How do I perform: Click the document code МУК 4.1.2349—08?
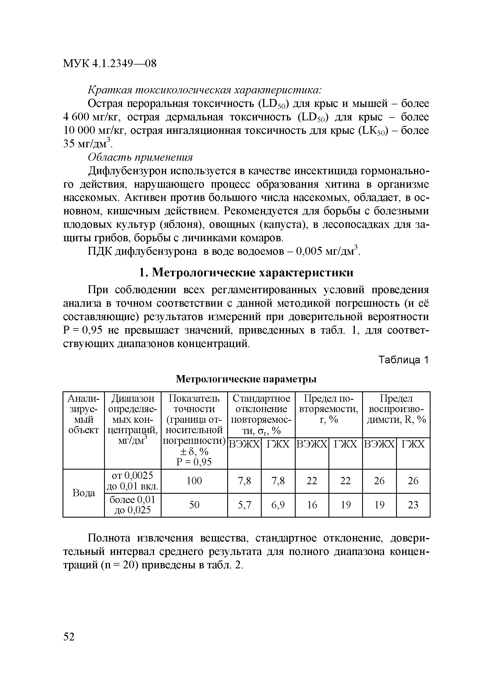(x=110, y=64)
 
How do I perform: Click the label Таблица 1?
(x=403, y=360)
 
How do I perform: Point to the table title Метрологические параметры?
(x=246, y=379)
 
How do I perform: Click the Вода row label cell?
(x=84, y=493)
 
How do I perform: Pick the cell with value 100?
(x=194, y=481)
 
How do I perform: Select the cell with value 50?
(x=194, y=505)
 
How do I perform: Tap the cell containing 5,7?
(x=244, y=505)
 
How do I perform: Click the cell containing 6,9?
(x=278, y=505)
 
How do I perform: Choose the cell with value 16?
(x=312, y=505)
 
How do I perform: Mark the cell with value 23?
(x=413, y=505)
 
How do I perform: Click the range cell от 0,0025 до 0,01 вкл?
(x=132, y=481)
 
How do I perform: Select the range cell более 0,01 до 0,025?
(x=132, y=505)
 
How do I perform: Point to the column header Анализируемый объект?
(x=84, y=414)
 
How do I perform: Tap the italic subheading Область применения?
(x=140, y=157)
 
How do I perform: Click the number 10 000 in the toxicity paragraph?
(x=79, y=131)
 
